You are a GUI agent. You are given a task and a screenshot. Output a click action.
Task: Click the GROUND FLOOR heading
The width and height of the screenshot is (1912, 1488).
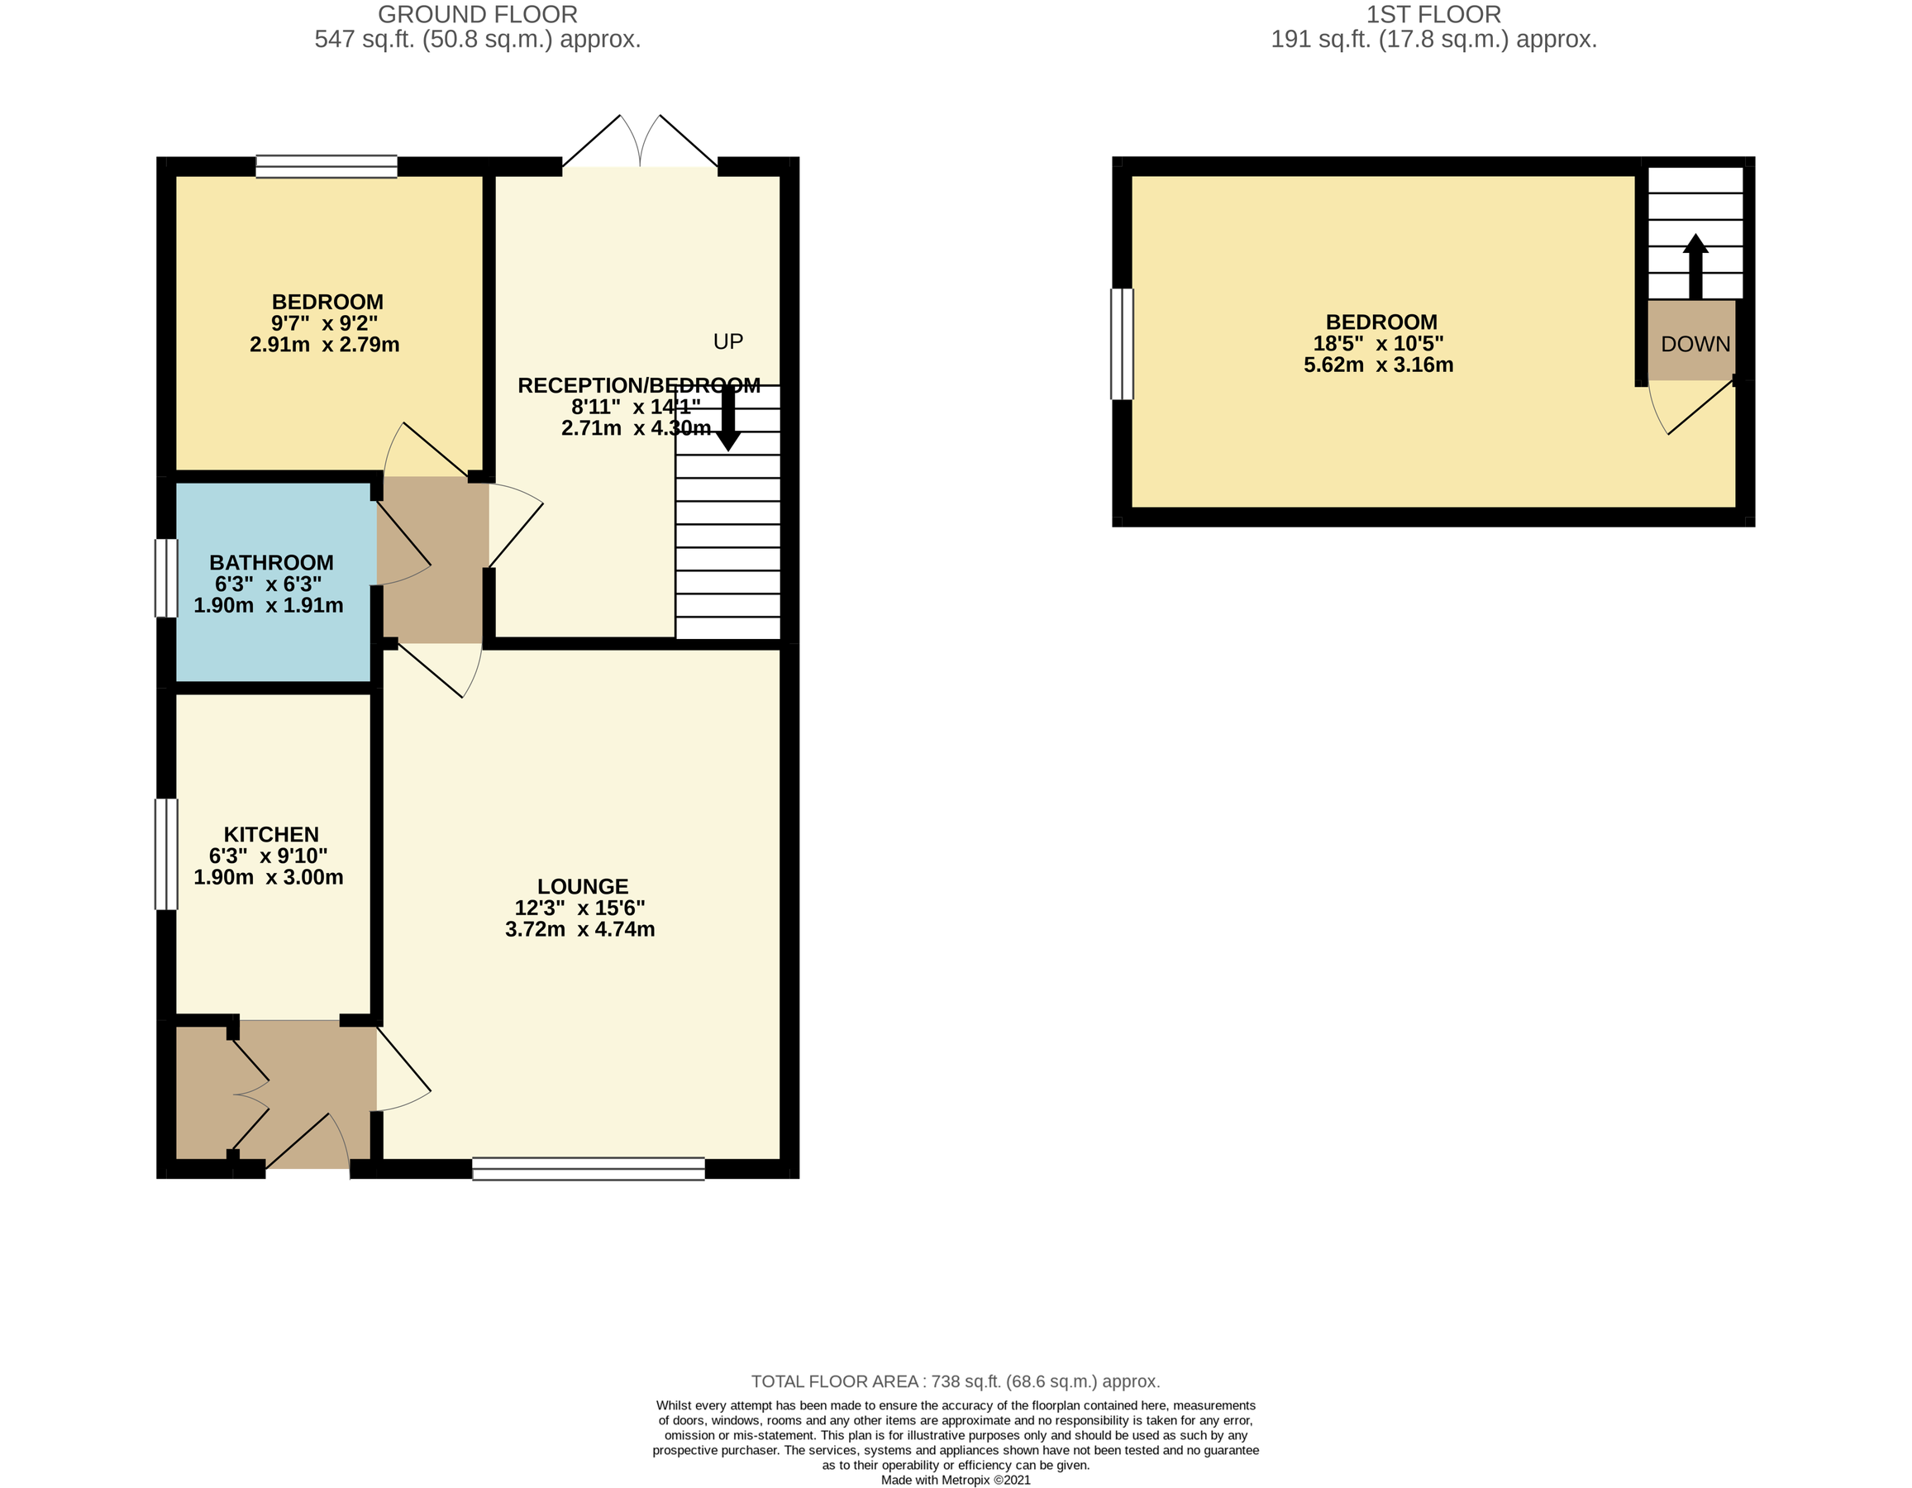(x=477, y=15)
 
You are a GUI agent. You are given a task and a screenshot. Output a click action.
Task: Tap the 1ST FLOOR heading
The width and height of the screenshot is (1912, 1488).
(x=1433, y=15)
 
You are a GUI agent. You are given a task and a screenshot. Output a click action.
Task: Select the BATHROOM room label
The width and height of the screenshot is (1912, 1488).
(x=270, y=563)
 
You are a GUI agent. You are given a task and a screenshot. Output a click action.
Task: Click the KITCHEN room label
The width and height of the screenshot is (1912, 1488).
(x=270, y=834)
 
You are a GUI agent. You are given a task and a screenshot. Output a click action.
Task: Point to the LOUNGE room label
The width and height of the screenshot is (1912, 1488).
(x=582, y=887)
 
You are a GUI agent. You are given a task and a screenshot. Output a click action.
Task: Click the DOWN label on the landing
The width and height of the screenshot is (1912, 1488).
(x=1695, y=344)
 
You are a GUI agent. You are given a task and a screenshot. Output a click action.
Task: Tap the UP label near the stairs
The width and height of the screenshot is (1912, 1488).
(x=727, y=341)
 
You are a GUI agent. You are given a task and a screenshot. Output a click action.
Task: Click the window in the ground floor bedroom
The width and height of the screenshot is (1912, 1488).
(x=326, y=166)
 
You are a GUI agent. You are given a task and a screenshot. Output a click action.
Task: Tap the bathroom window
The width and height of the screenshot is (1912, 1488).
(x=166, y=578)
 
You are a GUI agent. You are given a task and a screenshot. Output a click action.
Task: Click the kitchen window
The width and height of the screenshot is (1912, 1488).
(x=166, y=853)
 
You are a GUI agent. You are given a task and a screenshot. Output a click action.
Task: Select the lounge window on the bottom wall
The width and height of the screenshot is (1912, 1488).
(x=589, y=1169)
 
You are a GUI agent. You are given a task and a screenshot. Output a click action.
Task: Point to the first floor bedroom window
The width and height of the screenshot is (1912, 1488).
(x=1122, y=344)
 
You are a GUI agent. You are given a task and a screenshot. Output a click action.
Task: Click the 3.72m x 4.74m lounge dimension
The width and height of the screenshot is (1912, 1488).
(x=579, y=929)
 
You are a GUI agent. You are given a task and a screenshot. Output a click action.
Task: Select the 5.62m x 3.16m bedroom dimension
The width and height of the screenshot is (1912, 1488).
(x=1378, y=365)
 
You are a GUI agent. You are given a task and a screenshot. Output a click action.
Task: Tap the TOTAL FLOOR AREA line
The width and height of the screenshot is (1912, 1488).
(x=955, y=1381)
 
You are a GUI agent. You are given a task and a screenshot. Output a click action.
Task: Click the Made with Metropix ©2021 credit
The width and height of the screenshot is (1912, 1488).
(x=955, y=1480)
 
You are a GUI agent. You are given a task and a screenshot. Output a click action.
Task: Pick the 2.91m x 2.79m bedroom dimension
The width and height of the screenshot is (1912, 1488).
(x=324, y=345)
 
